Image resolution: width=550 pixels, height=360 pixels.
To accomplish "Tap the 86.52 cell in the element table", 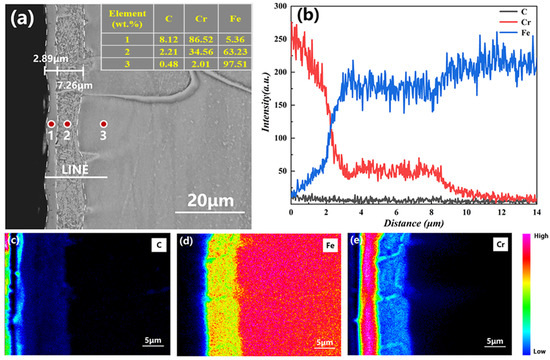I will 200,41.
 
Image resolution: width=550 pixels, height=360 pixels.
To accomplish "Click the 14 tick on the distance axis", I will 536,212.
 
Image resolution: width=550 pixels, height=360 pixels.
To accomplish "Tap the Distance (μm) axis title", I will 413,225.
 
